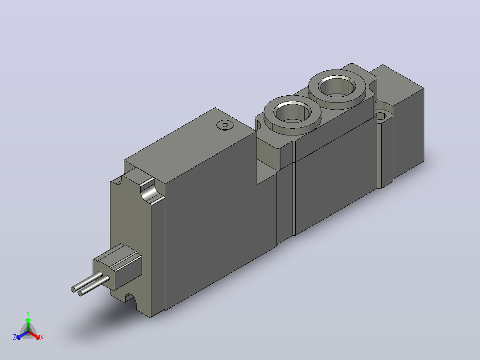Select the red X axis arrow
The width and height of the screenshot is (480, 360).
tap(35, 335)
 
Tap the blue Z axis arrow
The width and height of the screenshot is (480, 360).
tap(22, 335)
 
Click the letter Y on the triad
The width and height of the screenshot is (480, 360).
tap(28, 313)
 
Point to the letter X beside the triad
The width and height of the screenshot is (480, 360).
tap(42, 337)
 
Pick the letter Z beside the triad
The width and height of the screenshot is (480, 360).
tap(14, 337)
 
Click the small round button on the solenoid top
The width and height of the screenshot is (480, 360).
tap(225, 125)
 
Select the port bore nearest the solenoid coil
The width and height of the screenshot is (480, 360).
tap(293, 112)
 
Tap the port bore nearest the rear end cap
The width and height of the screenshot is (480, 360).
tap(337, 86)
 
